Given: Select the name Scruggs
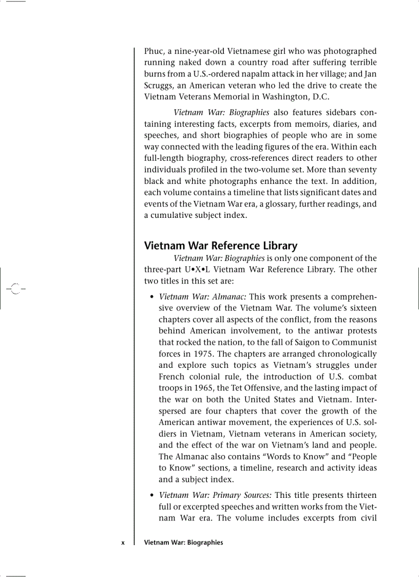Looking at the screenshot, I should (x=159, y=85).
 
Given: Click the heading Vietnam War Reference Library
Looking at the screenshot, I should (x=221, y=246).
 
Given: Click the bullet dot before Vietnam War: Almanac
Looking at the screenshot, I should (x=151, y=297).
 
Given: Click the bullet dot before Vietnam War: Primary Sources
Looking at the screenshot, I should (x=151, y=496).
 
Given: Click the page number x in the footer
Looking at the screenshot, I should (x=123, y=543).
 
